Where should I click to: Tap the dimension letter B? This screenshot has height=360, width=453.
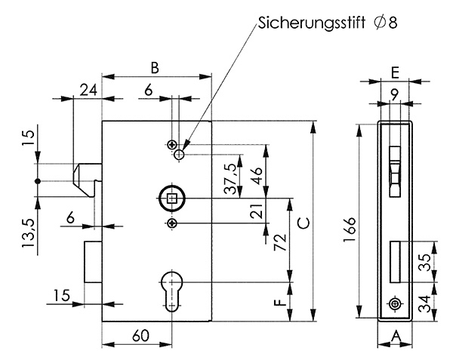(155, 67)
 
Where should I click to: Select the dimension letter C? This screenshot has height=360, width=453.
(301, 223)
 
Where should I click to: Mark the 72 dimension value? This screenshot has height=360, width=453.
(279, 242)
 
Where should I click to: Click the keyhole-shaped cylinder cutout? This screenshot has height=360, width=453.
(173, 288)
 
